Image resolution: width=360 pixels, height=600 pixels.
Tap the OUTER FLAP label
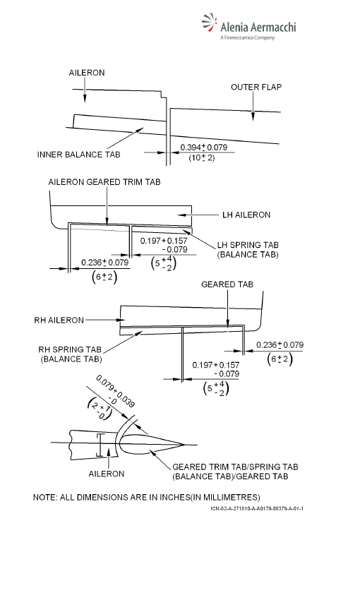256,88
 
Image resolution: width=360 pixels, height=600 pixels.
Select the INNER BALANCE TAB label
79,155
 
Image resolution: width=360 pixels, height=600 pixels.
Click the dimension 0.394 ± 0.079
204,148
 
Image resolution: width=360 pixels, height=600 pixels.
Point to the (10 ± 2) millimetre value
202,157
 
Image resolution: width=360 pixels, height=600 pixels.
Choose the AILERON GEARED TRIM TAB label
104,182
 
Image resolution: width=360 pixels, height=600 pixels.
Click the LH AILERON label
246,215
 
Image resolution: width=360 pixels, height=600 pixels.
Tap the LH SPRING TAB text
248,245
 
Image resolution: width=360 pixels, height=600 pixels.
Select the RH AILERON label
59,320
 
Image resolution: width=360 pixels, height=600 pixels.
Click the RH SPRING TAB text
70,349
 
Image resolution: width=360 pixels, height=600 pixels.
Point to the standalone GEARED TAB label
227,284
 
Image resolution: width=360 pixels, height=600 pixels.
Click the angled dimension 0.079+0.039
115,390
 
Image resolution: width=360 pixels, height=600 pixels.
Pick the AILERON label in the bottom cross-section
107,474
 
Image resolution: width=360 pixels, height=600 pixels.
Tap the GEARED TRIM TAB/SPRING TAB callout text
235,467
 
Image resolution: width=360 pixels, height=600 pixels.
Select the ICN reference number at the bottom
257,508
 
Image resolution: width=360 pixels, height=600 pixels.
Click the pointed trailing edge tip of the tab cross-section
185,445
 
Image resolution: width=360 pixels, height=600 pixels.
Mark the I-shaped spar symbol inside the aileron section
101,445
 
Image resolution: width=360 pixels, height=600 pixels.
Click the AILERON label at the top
87,73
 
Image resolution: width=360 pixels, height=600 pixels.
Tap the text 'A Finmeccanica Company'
248,37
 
